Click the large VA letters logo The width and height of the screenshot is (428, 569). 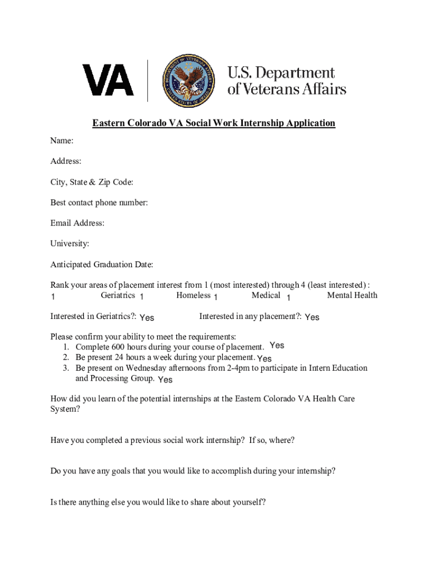[108, 80]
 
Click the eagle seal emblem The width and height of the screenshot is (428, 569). [188, 80]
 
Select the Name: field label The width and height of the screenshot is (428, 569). [62, 141]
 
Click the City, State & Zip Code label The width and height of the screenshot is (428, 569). [92, 182]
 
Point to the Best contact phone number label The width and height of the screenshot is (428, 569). [99, 203]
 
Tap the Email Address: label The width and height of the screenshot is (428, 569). [77, 223]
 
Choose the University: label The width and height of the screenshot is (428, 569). [69, 244]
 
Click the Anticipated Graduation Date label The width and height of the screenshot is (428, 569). [102, 264]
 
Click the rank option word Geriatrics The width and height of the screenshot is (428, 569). [118, 296]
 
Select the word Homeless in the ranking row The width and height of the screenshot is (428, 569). [193, 296]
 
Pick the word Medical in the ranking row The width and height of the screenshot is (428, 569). [266, 296]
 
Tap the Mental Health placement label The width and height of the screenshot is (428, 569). [352, 296]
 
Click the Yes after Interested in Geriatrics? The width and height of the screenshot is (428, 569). [147, 318]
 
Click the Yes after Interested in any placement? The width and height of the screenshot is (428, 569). [312, 317]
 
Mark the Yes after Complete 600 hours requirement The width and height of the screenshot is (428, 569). [277, 346]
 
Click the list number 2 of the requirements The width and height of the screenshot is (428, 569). [66, 358]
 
